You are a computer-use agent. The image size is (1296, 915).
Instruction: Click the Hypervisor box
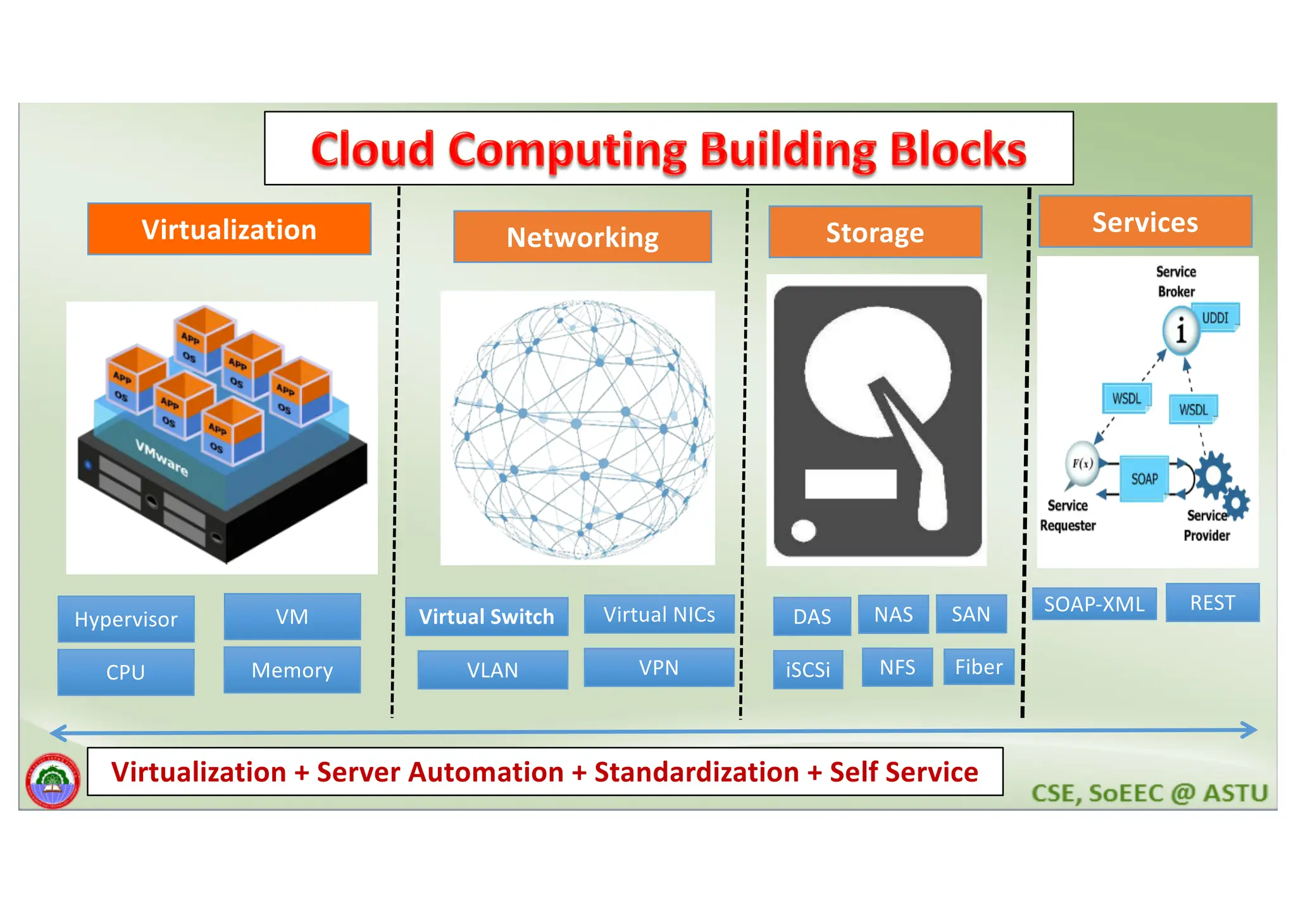[126, 619]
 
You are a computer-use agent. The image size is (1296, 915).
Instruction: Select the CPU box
[126, 672]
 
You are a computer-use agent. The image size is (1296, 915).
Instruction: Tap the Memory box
[292, 670]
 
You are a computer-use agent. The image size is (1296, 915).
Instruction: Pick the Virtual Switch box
[487, 617]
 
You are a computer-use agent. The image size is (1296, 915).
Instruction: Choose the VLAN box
[492, 670]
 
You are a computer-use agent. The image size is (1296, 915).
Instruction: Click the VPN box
[659, 668]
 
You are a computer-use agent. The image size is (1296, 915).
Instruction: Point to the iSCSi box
[808, 670]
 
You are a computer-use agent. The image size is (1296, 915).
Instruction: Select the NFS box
[897, 668]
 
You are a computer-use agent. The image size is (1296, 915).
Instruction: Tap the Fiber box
[978, 667]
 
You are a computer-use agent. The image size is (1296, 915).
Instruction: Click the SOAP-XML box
[1094, 604]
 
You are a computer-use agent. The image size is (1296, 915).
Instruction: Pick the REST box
[1212, 603]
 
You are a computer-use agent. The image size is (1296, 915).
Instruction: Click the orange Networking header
[582, 237]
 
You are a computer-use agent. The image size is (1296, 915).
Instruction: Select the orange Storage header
[875, 232]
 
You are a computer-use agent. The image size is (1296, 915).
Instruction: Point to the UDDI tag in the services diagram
[1216, 317]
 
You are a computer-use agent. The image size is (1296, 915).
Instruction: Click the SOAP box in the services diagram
[1144, 479]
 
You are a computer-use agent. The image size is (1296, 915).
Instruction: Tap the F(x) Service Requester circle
[1082, 464]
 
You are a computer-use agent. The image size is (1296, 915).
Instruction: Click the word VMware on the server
[162, 458]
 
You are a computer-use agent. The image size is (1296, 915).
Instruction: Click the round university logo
[53, 780]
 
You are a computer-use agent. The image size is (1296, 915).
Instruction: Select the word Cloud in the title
[373, 150]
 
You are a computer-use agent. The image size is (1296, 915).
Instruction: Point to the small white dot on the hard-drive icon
[804, 530]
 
